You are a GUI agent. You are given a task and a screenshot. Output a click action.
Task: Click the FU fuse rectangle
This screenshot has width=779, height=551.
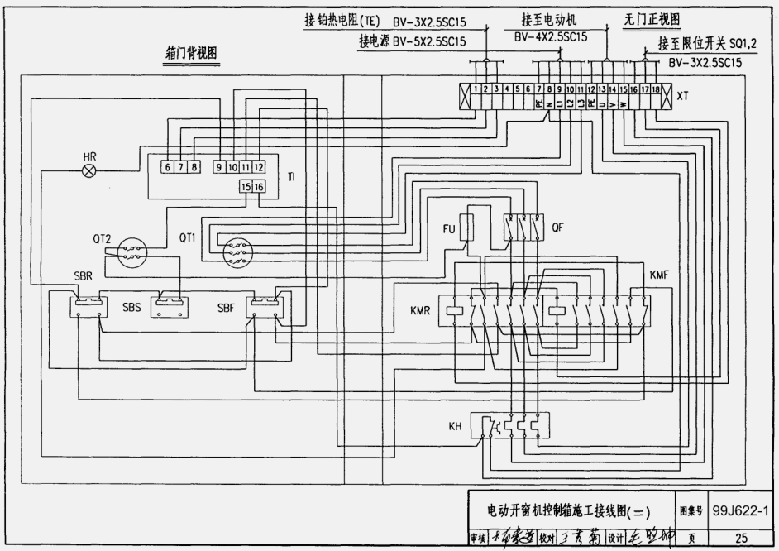[x=467, y=227]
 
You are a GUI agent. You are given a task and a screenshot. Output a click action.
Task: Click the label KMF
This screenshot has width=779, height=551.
[x=661, y=274]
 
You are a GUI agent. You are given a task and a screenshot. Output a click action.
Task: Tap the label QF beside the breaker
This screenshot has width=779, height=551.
[x=559, y=225]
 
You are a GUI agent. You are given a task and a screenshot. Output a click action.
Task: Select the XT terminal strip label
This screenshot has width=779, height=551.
[x=682, y=97]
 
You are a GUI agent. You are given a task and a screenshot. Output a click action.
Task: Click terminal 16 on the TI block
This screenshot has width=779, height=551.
[x=260, y=187]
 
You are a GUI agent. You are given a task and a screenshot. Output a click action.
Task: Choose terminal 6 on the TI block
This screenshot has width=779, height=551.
[x=167, y=167]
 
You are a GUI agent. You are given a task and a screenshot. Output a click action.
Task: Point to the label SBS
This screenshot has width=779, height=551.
[x=132, y=307]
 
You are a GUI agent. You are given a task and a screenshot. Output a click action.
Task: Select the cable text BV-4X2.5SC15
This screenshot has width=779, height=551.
[x=551, y=37]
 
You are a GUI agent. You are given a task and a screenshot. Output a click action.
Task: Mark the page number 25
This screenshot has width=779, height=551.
[x=741, y=539]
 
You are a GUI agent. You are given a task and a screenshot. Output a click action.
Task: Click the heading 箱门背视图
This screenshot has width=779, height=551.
[x=192, y=53]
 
